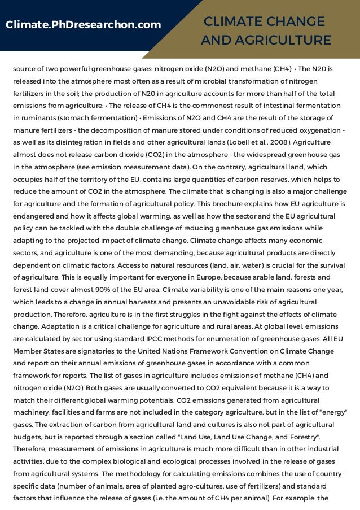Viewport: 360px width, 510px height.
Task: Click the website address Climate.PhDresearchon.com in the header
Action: tap(83, 25)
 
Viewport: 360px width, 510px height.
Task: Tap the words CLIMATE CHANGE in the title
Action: tap(265, 22)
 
